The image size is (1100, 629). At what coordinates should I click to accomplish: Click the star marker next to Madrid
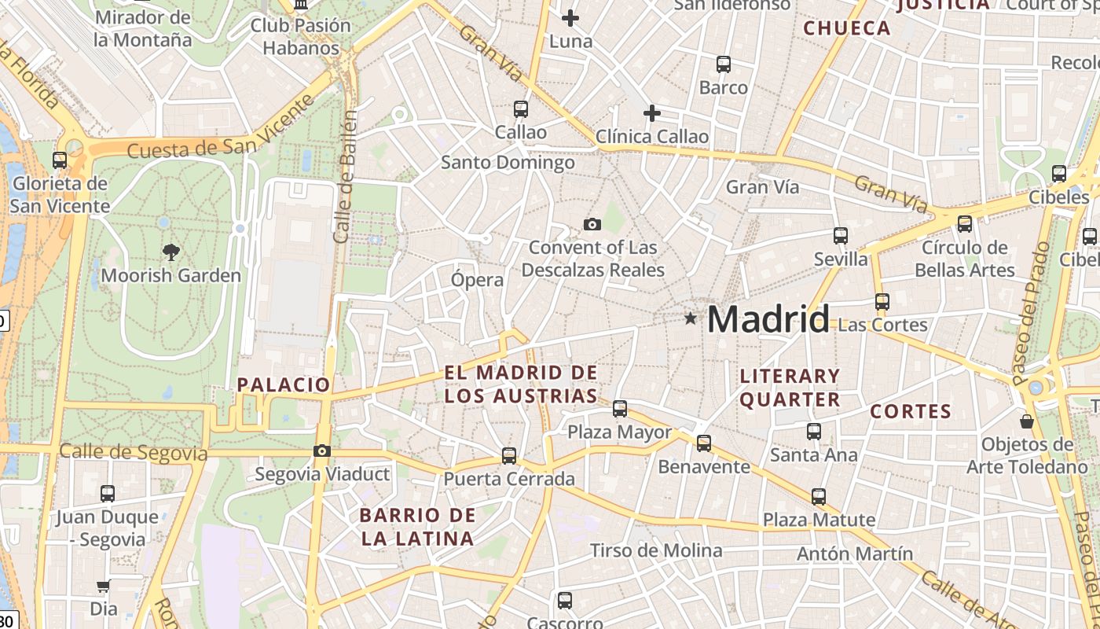click(690, 318)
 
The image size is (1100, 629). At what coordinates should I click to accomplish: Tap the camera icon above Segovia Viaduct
click(321, 451)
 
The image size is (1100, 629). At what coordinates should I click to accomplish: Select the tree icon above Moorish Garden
click(170, 252)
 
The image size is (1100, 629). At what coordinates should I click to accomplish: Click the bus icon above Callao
click(520, 109)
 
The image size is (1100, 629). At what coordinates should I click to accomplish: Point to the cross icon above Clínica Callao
click(651, 113)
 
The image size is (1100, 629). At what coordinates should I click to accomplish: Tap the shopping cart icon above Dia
click(103, 586)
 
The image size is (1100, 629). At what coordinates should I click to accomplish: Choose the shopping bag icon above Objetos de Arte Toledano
click(1026, 421)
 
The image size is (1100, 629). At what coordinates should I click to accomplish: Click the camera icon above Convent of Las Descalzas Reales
click(592, 224)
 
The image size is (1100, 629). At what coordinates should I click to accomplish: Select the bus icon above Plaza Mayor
click(620, 408)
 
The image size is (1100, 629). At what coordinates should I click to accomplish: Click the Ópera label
click(477, 279)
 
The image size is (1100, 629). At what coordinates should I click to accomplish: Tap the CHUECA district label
click(847, 28)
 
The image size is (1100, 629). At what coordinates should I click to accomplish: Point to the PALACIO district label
click(284, 384)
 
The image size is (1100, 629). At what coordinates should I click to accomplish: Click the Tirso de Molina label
click(656, 550)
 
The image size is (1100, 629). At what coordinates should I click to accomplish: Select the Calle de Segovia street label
click(134, 453)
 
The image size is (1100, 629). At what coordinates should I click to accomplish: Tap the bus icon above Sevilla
click(841, 235)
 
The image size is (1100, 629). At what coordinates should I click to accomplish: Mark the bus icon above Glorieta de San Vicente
click(60, 160)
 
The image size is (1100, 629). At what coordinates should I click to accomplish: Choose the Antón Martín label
click(855, 554)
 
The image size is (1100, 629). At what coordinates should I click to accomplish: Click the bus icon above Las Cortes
click(882, 301)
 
